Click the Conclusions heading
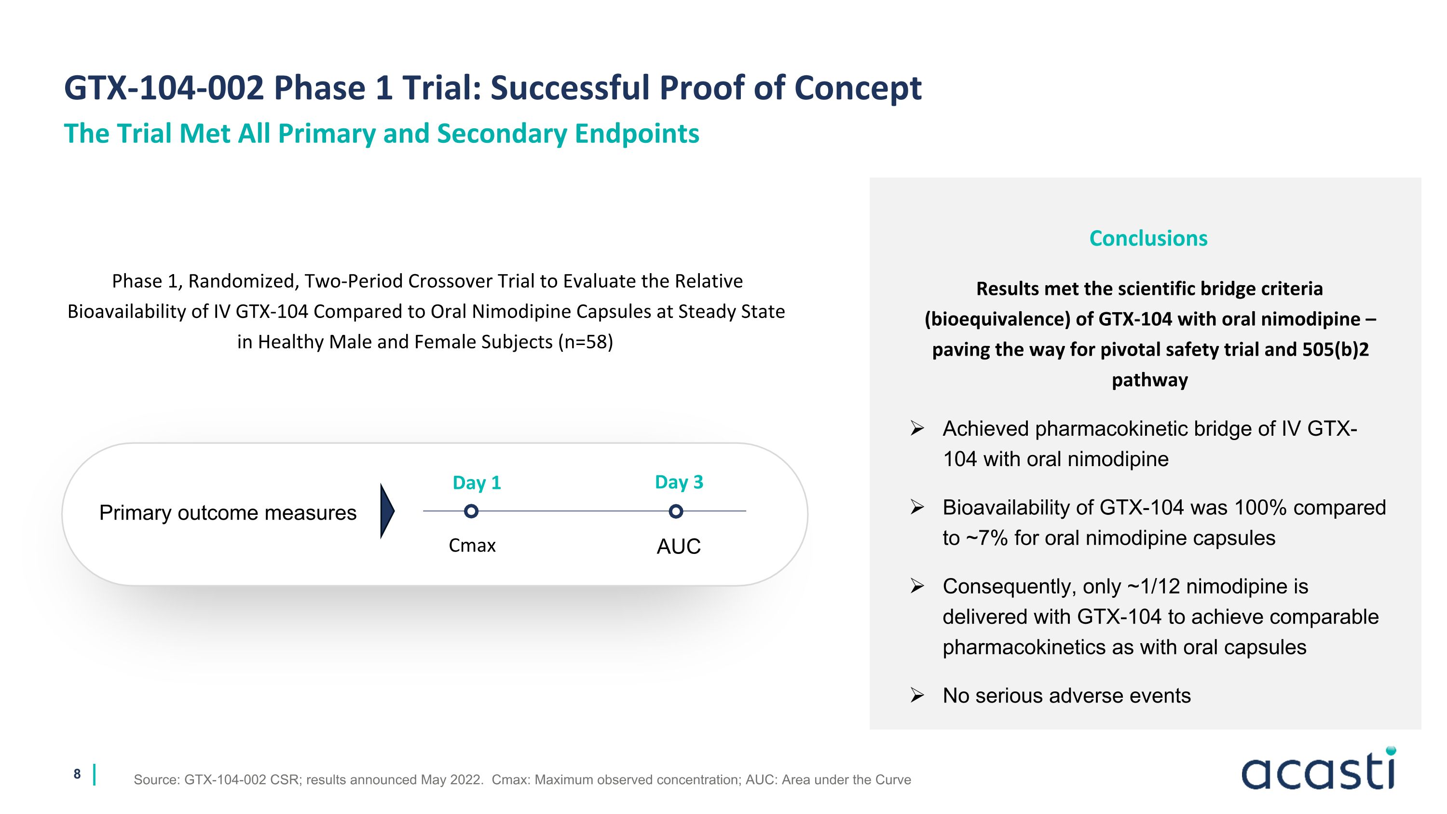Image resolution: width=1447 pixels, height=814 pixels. [x=1147, y=238]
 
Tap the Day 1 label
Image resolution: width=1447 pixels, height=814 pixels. [x=477, y=483]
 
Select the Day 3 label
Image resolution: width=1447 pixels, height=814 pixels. [x=679, y=482]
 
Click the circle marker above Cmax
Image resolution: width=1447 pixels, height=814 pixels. [x=471, y=511]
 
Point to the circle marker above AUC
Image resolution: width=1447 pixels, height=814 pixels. [x=676, y=511]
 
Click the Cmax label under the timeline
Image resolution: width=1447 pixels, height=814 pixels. [x=472, y=545]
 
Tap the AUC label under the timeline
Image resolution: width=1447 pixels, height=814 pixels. [x=679, y=547]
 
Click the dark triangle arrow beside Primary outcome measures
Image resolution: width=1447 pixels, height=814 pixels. [x=386, y=511]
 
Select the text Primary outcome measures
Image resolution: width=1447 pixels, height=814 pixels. [x=228, y=513]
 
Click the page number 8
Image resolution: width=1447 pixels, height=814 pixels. [x=77, y=774]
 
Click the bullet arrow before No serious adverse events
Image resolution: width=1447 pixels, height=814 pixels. [x=917, y=695]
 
